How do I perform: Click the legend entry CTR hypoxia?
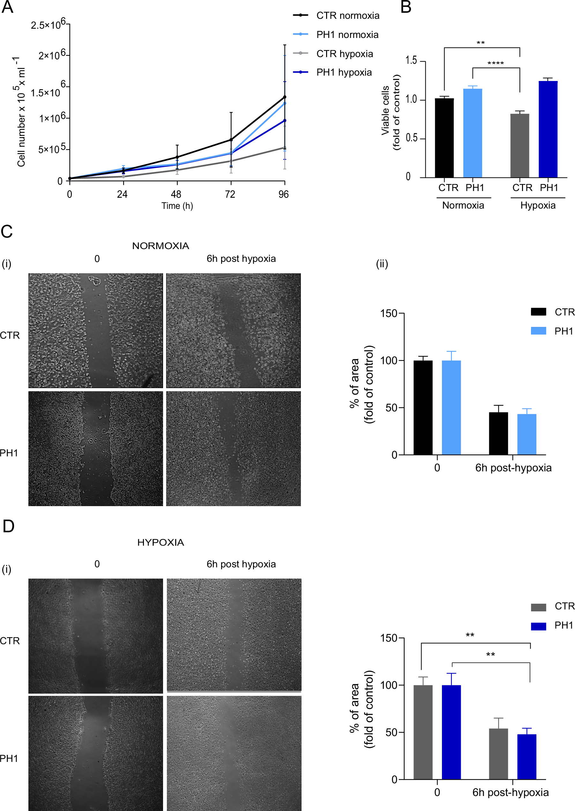[344, 54]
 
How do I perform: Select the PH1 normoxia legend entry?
[347, 34]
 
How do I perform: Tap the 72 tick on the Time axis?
[230, 194]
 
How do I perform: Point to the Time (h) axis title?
[177, 206]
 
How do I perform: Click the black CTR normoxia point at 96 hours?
[285, 97]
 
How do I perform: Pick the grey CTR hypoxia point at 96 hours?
[285, 148]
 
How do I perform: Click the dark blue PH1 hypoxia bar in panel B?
[548, 129]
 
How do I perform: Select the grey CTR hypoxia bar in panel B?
[519, 145]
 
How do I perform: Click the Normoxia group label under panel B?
[463, 205]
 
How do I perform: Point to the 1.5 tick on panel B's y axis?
[411, 61]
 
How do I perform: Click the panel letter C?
[7, 232]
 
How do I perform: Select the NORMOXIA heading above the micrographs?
[161, 246]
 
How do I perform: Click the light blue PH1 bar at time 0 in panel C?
[451, 407]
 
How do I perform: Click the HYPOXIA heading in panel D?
[161, 542]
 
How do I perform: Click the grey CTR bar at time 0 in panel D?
[423, 732]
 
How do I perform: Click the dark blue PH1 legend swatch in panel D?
[538, 626]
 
